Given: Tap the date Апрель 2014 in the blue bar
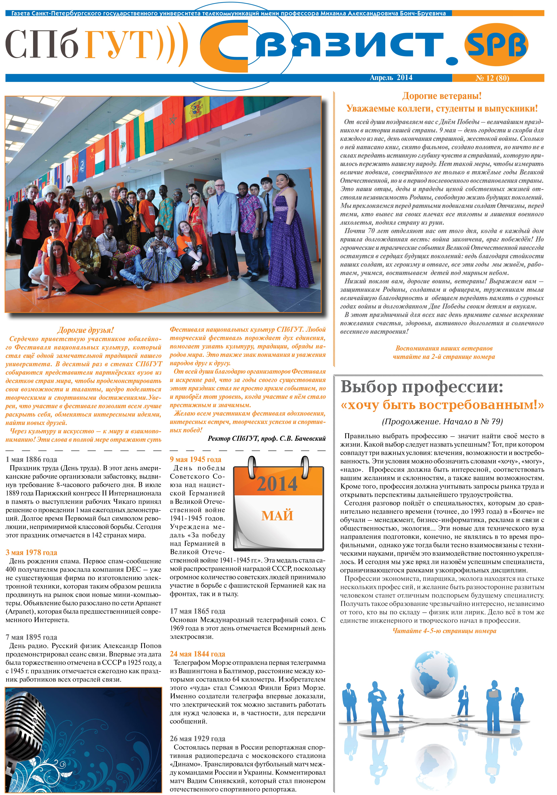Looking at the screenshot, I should point(391,77).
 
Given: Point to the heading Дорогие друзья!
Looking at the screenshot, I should point(85,330).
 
